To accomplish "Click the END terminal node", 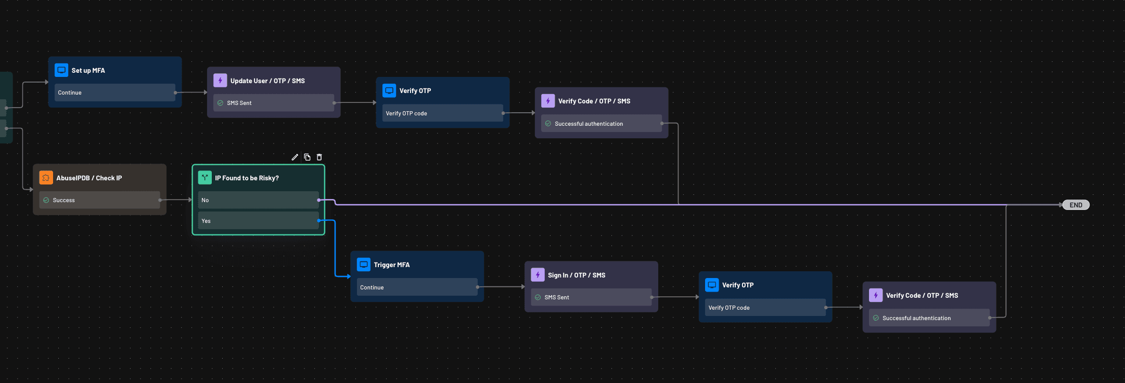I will (x=1076, y=205).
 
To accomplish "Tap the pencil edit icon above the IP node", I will (x=295, y=157).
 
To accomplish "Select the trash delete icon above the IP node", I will (x=319, y=157).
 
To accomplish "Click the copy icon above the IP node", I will (x=307, y=157).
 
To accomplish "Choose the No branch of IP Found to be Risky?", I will (x=258, y=200).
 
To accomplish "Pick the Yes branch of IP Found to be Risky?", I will (x=258, y=221).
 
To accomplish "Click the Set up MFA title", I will (x=88, y=70).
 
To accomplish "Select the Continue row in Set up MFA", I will (x=114, y=93).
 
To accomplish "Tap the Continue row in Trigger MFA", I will (x=417, y=287).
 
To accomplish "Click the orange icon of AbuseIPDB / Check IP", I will (x=46, y=178).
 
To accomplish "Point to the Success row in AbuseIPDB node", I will (x=99, y=200).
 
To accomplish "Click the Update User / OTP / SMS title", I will (x=267, y=81).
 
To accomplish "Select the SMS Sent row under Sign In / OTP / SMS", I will (x=591, y=297).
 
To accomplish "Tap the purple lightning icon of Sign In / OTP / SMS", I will (x=538, y=275).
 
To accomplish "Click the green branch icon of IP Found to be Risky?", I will (x=205, y=178).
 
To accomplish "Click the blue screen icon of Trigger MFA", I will (x=364, y=265).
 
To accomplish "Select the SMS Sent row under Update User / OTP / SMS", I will (x=274, y=103).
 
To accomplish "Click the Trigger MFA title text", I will (x=391, y=265).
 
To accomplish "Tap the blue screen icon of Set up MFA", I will (x=61, y=70).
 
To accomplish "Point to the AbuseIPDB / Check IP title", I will (x=89, y=178).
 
